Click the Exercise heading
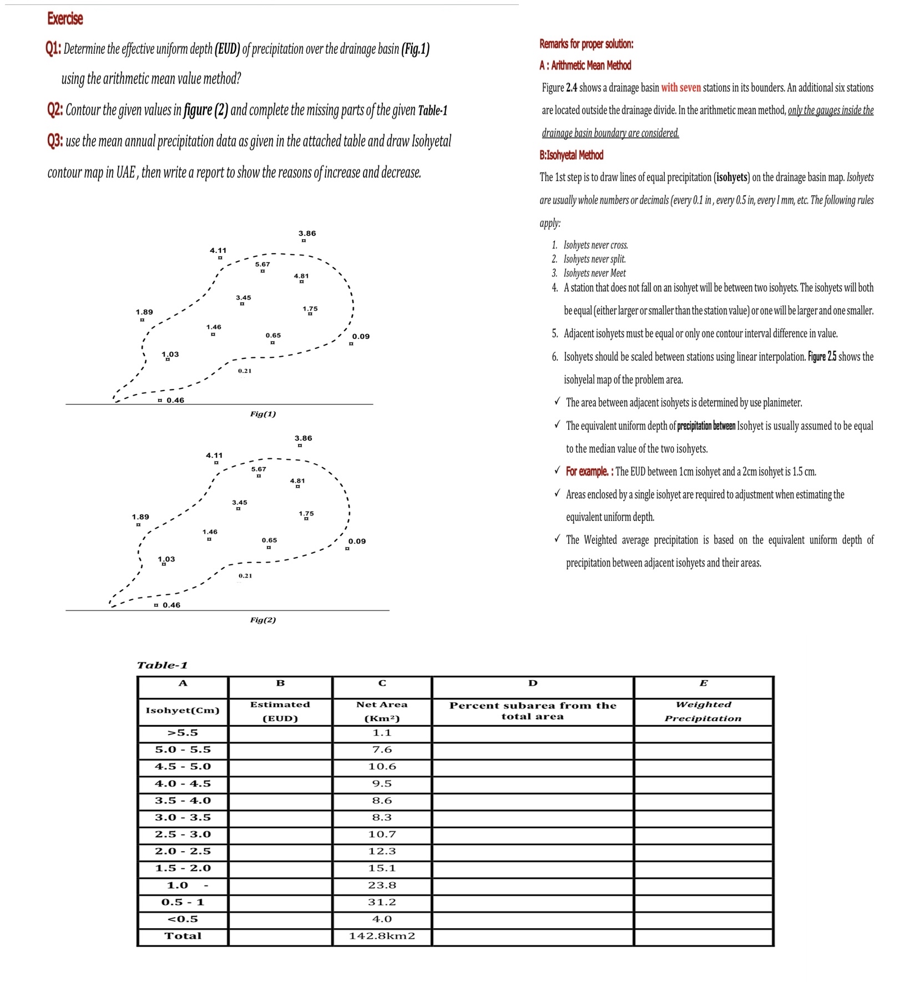click(x=65, y=18)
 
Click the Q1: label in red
click(x=54, y=49)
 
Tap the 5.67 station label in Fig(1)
click(x=262, y=264)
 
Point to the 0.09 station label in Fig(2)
click(x=357, y=541)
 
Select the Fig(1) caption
click(x=262, y=414)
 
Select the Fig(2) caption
click(x=262, y=620)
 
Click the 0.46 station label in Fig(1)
click(x=175, y=400)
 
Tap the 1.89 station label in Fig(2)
click(x=140, y=517)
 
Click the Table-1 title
click(x=162, y=665)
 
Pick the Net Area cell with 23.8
click(x=382, y=885)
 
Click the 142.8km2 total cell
click(x=382, y=936)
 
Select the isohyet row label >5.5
click(x=183, y=732)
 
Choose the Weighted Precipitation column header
click(x=703, y=711)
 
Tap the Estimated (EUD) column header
click(x=280, y=711)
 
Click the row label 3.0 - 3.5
click(x=183, y=817)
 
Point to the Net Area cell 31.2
click(x=382, y=902)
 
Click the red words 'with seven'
click(x=681, y=88)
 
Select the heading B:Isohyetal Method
click(x=571, y=155)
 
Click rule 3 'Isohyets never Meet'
click(x=594, y=273)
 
